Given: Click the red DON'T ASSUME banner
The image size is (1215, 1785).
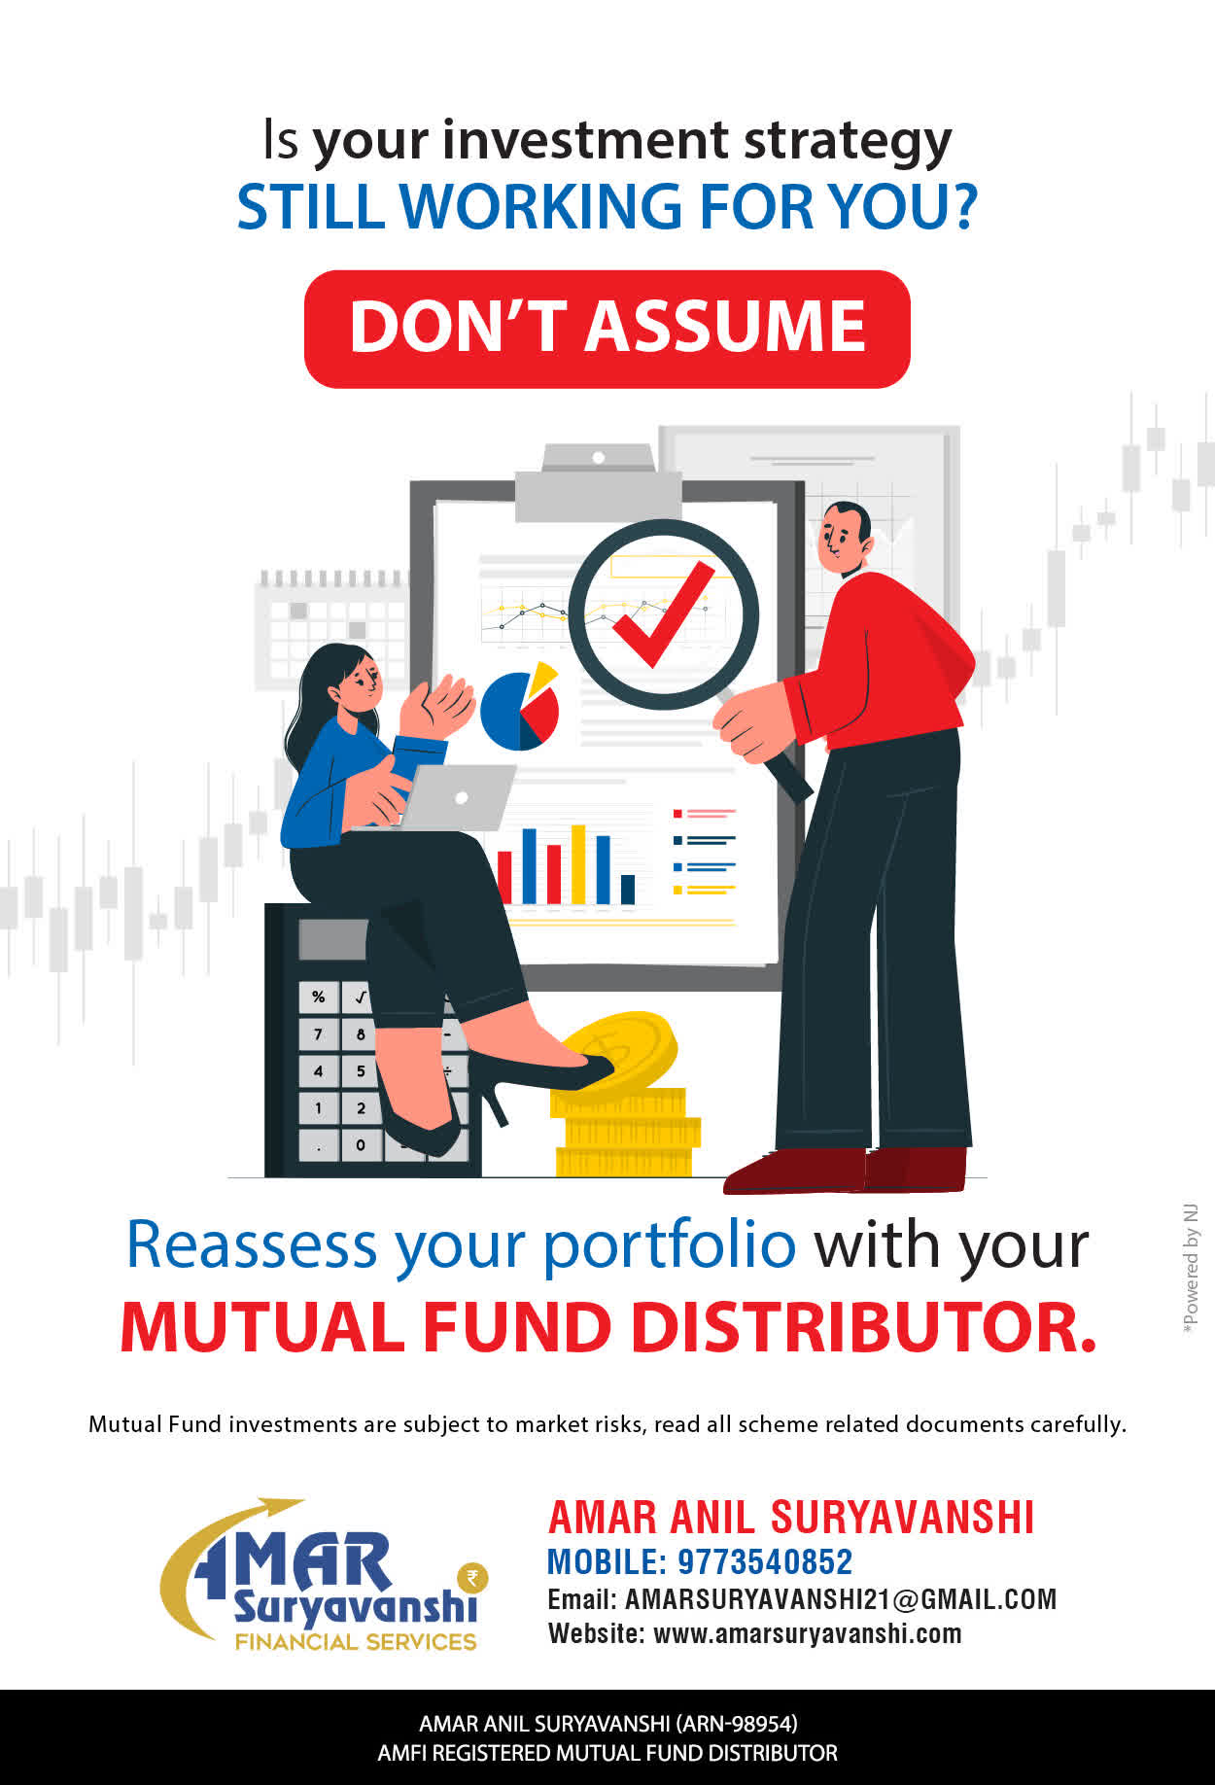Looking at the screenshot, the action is coord(607,329).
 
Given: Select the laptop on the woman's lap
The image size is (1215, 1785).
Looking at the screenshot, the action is coord(457,797).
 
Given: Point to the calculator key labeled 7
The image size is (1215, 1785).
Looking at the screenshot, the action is coord(318,1034).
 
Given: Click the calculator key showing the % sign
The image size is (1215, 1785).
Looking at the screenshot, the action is coord(318,997).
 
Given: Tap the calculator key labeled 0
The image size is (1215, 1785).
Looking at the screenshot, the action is coord(361,1144).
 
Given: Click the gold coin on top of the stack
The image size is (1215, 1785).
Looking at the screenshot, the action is coord(619,1050).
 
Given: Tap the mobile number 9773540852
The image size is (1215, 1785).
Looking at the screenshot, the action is coord(764,1561).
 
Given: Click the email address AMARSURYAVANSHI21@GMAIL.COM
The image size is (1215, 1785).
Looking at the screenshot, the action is coord(841,1599).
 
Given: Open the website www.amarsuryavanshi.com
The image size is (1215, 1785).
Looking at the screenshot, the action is coord(807,1633).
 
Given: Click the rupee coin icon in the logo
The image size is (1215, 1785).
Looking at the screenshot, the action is coord(473,1577).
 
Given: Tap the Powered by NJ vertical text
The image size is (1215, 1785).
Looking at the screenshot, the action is coord(1191,1270).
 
